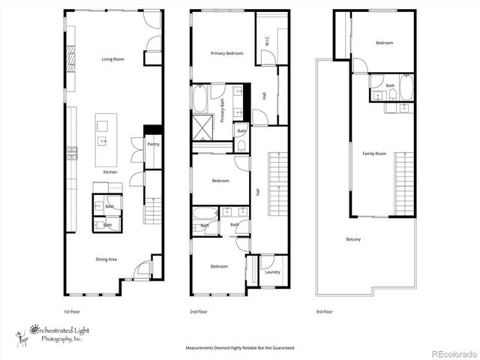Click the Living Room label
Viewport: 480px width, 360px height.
[113, 58]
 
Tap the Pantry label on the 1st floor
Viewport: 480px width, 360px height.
[153, 144]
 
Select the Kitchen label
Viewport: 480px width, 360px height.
[110, 172]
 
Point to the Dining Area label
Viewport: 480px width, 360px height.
[106, 259]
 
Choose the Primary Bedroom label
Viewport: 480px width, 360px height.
[226, 53]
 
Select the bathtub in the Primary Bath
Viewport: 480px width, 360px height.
[202, 100]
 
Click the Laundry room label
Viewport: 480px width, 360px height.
[272, 271]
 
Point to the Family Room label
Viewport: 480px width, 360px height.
[374, 154]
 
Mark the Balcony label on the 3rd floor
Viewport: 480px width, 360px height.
[353, 239]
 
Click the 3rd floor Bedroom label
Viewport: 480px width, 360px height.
[384, 43]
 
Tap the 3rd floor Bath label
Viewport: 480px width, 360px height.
[390, 85]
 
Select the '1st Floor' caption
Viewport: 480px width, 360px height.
[73, 311]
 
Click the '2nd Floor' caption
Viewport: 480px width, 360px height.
[198, 311]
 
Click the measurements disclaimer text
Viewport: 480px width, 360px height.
[240, 348]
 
